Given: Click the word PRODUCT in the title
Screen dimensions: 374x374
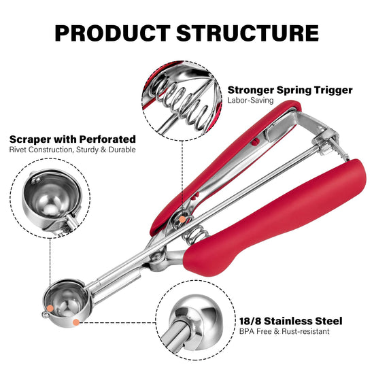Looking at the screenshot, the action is pyautogui.click(x=112, y=33).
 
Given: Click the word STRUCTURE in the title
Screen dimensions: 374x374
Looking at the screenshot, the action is pyautogui.click(x=248, y=33).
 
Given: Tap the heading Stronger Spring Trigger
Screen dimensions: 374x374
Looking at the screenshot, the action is pyautogui.click(x=290, y=90).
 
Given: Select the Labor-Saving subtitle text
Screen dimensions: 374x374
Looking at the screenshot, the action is pyautogui.click(x=250, y=101).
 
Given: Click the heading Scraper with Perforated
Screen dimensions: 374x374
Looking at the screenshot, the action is pyautogui.click(x=73, y=139).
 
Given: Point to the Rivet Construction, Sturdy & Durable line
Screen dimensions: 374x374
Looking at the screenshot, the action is pyautogui.click(x=73, y=150).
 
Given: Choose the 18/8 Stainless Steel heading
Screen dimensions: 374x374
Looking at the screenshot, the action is pyautogui.click(x=291, y=321).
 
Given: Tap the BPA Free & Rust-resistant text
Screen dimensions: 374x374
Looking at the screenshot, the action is pyautogui.click(x=284, y=331).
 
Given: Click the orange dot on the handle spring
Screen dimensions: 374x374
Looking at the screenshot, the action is pyautogui.click(x=182, y=220).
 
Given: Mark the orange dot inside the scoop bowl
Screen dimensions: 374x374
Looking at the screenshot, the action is pyautogui.click(x=50, y=308).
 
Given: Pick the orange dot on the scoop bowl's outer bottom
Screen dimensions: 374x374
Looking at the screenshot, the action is pyautogui.click(x=76, y=322).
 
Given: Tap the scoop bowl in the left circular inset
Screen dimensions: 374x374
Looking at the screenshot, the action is pyautogui.click(x=52, y=197).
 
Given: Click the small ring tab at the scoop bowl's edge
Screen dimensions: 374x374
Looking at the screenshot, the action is pyautogui.click(x=46, y=315).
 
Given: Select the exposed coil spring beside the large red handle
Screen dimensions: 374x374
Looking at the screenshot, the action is pyautogui.click(x=194, y=235).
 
